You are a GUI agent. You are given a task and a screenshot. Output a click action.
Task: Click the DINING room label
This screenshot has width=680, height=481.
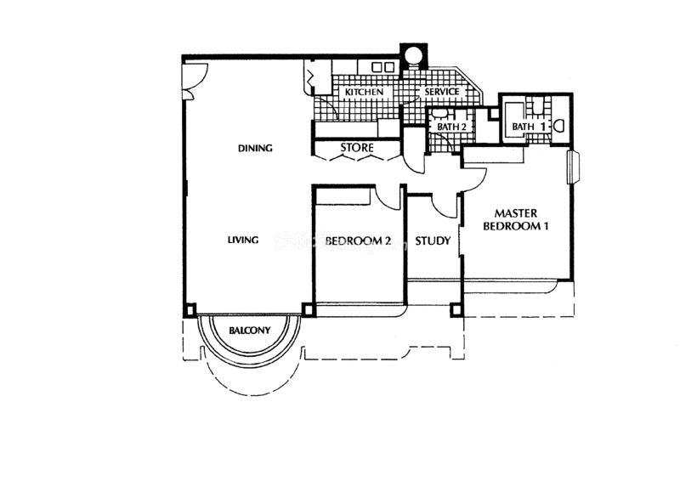255,149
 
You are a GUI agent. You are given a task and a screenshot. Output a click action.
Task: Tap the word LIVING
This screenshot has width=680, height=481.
243,240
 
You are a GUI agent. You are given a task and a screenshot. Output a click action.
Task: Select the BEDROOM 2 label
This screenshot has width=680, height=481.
358,240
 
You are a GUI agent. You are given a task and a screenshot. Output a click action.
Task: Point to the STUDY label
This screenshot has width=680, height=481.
433,240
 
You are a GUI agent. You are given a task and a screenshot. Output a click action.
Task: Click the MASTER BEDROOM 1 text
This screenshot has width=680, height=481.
516,220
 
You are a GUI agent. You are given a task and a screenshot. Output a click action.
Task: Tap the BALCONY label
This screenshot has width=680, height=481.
249,331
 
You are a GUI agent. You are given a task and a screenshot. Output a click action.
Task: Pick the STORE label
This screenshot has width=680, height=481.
357,148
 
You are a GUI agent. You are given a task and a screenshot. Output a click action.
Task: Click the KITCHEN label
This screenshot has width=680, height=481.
365,93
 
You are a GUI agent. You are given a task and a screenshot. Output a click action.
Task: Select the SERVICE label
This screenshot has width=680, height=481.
441,92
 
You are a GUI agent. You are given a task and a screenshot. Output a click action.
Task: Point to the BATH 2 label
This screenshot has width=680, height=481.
451,127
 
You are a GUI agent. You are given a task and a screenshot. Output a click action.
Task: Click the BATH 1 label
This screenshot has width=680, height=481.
528,127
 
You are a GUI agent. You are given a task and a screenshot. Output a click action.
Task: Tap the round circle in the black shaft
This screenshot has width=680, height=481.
413,55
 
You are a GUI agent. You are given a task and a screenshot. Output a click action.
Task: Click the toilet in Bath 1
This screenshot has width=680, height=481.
559,126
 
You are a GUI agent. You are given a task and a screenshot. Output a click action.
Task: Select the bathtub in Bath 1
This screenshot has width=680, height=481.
516,120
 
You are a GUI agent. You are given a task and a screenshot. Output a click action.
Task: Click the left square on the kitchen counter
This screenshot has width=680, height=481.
377,67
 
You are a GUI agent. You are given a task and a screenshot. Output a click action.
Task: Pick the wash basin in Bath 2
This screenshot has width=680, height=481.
439,114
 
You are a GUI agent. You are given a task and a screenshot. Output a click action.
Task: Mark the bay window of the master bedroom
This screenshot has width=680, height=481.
573,167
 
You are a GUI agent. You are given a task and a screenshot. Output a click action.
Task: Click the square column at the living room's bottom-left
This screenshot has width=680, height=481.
190,309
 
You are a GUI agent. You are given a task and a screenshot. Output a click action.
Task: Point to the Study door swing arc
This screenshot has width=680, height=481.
444,207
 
